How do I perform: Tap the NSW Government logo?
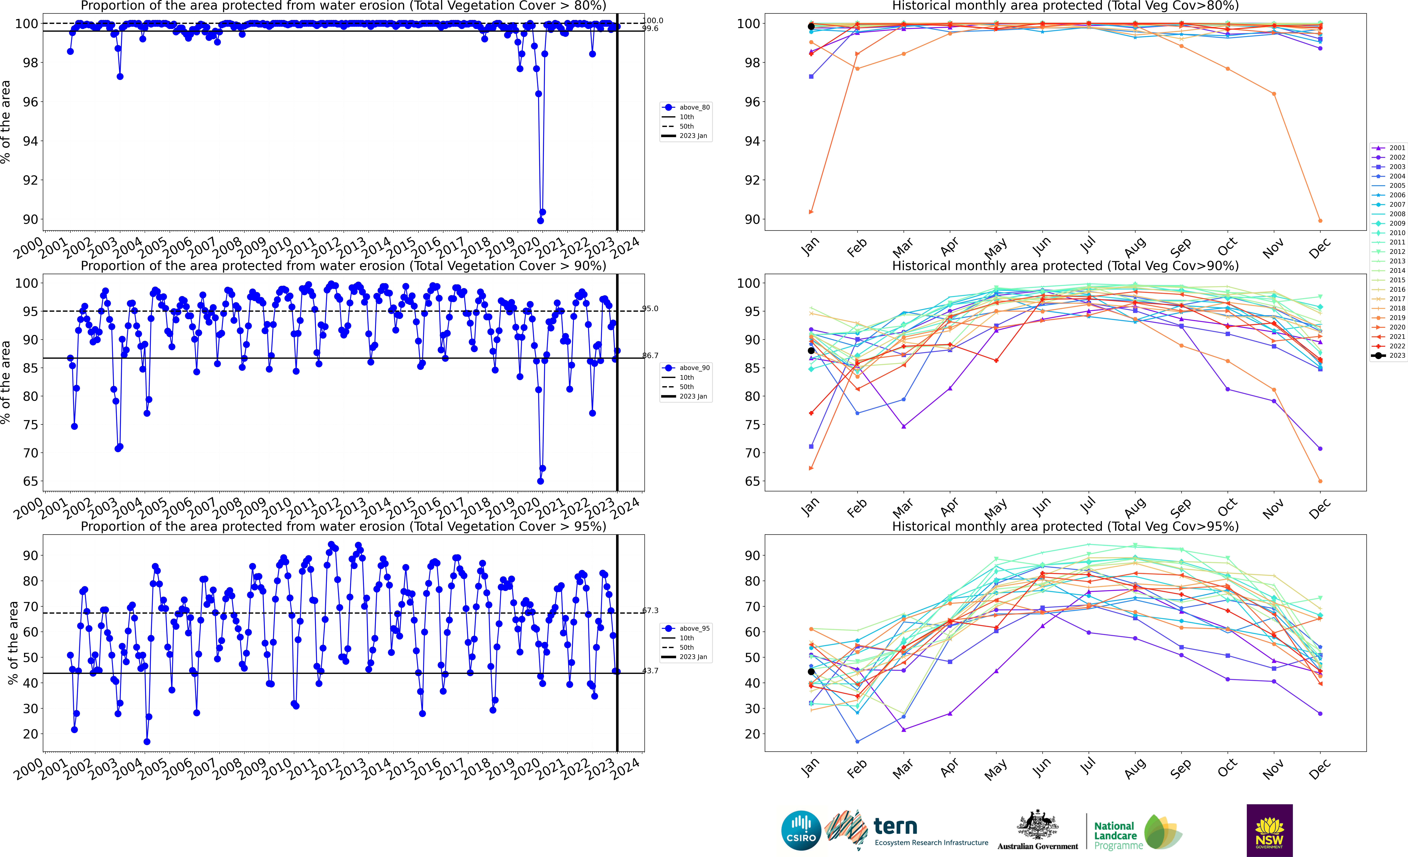(1269, 830)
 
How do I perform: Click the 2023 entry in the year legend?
(1393, 355)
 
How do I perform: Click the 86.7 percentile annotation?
(650, 355)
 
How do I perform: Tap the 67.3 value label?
(650, 610)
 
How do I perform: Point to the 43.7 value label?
(650, 671)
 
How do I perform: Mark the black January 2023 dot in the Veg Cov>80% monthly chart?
(811, 26)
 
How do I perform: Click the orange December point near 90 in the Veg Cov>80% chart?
(1320, 221)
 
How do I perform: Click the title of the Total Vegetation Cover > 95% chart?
(343, 526)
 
